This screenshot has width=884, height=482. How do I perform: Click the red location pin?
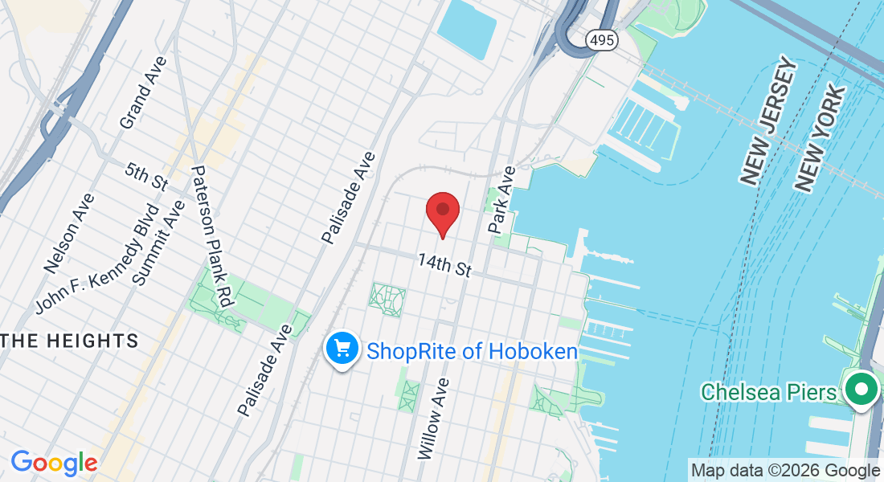coord(442,212)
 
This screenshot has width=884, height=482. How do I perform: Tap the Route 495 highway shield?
coord(601,39)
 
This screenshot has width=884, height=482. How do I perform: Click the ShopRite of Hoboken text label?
coord(472,351)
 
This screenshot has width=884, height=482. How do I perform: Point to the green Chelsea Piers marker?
coord(861,390)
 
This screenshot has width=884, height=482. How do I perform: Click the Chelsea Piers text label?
coord(768,392)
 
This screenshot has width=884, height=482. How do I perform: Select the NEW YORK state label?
coord(820,138)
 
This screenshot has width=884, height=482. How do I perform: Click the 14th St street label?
coord(444,265)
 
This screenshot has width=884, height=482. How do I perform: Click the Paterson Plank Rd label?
coord(211,237)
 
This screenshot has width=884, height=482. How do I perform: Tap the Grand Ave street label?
coord(142,92)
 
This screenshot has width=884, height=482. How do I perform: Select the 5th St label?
coord(145,176)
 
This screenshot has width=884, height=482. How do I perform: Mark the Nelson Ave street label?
coord(70,232)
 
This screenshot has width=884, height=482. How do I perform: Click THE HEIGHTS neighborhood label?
coord(70,341)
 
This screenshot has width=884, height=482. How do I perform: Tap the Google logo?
coord(54,462)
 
